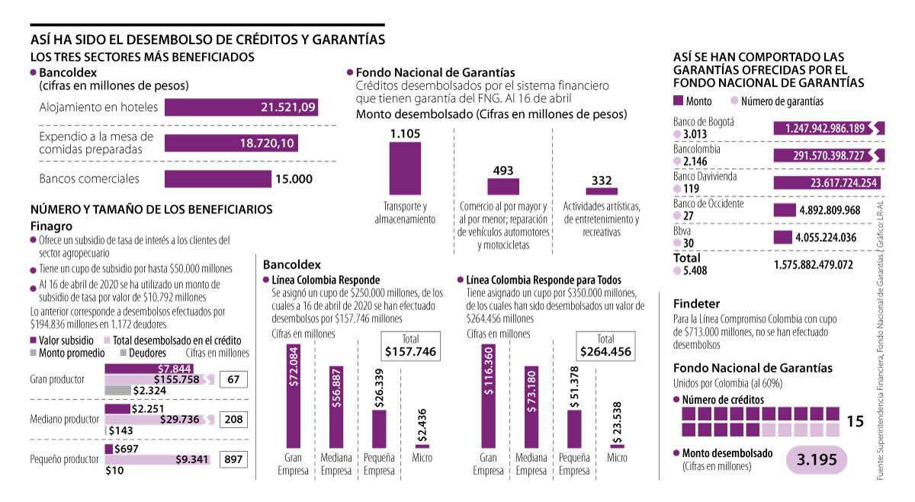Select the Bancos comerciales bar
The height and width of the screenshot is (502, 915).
tap(218, 179)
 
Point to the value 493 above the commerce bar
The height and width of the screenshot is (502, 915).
tap(503, 171)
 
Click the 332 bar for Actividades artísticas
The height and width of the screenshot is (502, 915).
tap(602, 191)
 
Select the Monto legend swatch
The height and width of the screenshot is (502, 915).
tap(679, 101)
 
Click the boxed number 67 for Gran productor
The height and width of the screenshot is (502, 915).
tap(233, 379)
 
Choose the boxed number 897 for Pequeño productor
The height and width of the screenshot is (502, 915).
tap(233, 459)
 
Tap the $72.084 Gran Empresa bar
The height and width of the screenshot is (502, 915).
tap(294, 395)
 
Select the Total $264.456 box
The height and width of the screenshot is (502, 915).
tap(605, 346)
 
